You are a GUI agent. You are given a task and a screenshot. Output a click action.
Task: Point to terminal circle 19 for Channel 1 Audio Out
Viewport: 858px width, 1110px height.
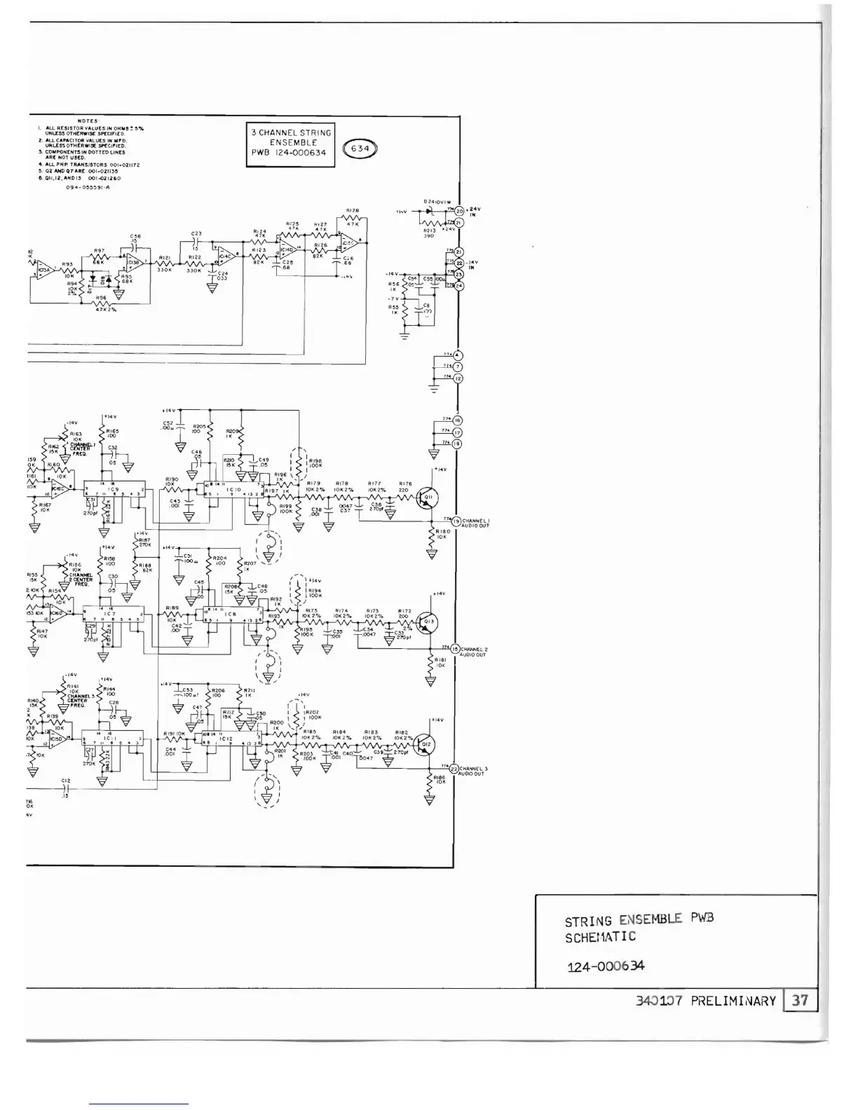(x=456, y=521)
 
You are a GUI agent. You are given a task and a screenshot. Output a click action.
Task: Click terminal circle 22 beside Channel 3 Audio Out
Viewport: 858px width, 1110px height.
(x=454, y=769)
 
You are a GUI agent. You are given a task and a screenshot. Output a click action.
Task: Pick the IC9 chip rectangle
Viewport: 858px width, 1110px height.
(x=114, y=490)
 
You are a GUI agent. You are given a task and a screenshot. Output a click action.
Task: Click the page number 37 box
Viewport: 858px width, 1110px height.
(x=799, y=1000)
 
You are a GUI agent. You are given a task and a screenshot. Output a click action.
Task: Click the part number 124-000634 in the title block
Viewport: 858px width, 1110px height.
(x=605, y=966)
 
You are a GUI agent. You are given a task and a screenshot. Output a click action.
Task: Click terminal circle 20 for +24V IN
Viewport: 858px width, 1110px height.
(x=460, y=211)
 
